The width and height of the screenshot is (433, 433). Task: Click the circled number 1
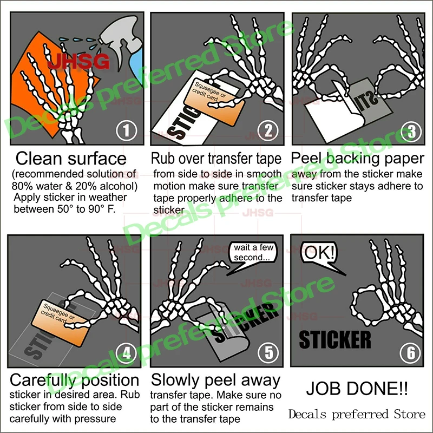coord(126,131)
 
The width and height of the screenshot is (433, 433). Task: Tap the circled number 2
coord(267,131)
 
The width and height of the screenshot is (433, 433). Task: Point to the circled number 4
coord(127,353)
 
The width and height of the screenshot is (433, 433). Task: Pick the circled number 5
coord(268,353)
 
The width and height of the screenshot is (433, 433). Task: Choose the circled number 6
coord(410,353)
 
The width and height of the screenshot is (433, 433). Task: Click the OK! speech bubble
coord(319,253)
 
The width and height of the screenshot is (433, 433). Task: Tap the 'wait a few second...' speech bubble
coord(254,252)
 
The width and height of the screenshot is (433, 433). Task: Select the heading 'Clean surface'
coord(71,159)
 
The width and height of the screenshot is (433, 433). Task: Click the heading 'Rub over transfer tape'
coord(216,159)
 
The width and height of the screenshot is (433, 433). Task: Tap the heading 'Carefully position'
coord(75,379)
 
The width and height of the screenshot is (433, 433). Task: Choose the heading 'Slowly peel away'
coord(215,379)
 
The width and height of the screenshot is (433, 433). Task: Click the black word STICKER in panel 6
coord(335,339)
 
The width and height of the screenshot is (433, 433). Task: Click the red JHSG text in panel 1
coord(78,60)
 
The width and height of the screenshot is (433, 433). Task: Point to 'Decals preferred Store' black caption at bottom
coord(357,415)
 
